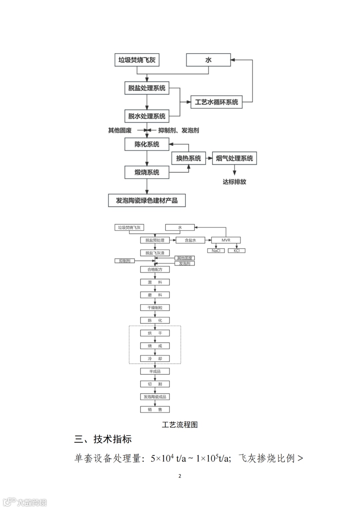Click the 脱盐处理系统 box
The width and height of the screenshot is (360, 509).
[x=147, y=88]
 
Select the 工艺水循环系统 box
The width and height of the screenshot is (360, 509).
[x=216, y=102]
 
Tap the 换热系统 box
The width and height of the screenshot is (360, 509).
[x=189, y=158]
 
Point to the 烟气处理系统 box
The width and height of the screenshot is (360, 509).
[x=234, y=158]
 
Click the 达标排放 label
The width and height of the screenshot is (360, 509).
[x=234, y=182]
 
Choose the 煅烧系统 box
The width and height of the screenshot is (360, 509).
[x=147, y=172]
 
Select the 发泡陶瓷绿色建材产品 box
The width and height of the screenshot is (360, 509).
[x=147, y=201]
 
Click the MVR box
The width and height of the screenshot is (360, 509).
[x=226, y=240]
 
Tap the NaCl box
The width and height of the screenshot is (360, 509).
[x=216, y=251]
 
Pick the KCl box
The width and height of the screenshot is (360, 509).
[x=237, y=251]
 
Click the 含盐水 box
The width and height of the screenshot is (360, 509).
[x=190, y=240]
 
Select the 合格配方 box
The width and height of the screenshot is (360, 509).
[x=155, y=269]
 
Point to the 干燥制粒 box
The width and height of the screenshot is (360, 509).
[x=155, y=308]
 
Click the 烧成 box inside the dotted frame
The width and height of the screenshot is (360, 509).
[x=155, y=346]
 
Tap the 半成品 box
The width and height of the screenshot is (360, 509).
[x=155, y=371]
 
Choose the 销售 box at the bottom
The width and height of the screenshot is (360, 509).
[x=155, y=410]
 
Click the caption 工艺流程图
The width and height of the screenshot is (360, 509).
[x=180, y=425]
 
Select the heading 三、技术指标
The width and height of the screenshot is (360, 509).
[x=103, y=439]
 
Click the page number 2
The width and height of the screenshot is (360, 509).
[x=180, y=476]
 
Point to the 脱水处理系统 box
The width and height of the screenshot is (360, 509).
[x=147, y=116]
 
